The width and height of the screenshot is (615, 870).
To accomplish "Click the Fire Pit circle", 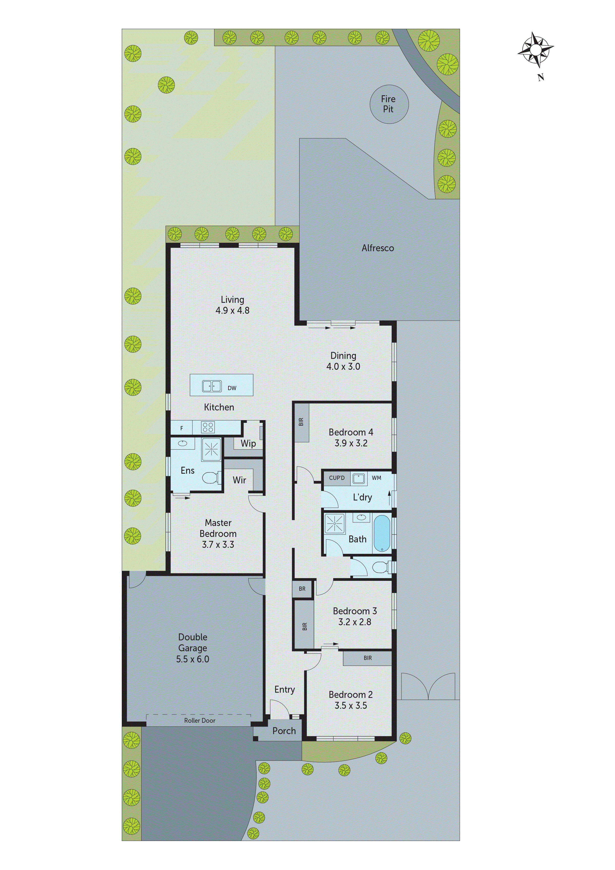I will tap(389, 104).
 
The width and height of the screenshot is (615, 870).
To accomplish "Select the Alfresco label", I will tap(377, 248).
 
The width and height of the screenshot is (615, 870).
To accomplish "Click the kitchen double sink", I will tap(212, 386).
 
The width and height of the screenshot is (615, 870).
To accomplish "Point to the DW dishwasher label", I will tap(232, 388).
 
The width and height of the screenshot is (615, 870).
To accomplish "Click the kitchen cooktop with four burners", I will tap(208, 427).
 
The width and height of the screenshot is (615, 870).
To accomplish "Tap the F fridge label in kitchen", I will tap(182, 428).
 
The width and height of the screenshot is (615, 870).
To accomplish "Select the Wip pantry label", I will tap(248, 443).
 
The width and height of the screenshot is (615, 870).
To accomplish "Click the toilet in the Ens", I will tap(211, 477).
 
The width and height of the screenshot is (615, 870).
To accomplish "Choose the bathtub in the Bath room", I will tap(382, 533).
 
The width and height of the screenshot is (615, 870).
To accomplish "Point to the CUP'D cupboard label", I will tap(337, 478).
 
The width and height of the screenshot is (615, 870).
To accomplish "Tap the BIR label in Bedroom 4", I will tap(301, 422).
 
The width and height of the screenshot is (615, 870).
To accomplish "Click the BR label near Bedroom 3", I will tap(302, 589).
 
